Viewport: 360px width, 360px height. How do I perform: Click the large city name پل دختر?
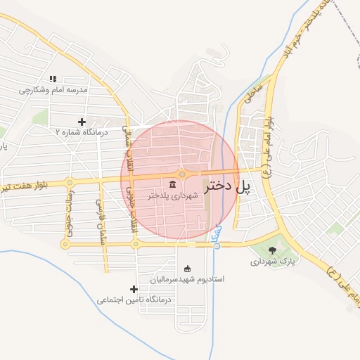227,187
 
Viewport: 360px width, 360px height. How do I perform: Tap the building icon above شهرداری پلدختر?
173,184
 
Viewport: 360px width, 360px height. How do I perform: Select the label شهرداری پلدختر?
173,195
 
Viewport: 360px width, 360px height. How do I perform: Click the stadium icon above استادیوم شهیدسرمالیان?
187,269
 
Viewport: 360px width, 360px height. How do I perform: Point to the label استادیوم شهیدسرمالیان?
186,279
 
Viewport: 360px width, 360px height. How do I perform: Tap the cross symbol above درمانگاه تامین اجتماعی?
134,289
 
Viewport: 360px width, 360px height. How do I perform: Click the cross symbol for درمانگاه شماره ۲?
82,122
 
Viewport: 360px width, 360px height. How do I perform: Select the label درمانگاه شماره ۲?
82,131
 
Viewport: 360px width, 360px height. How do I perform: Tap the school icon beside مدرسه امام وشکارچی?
53,79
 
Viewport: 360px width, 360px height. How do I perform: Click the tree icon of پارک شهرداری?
273,250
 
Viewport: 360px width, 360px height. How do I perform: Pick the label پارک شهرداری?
269,261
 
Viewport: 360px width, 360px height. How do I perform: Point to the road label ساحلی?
252,92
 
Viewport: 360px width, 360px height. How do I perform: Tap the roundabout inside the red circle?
181,174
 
